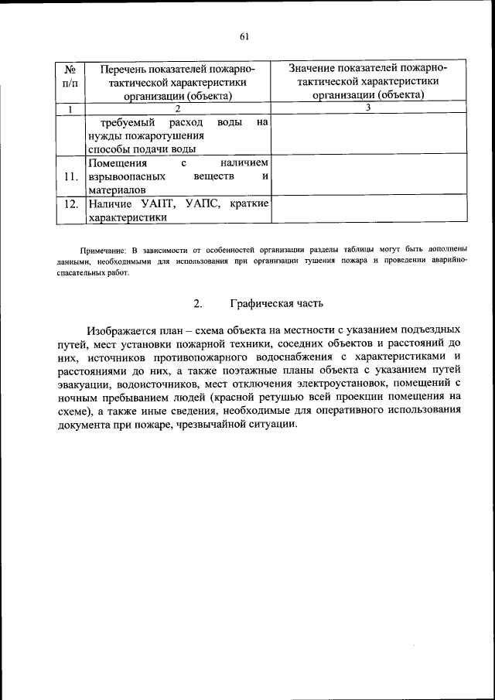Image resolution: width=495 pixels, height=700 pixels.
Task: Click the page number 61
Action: click(x=244, y=36)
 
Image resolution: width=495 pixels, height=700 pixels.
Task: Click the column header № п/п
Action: click(x=70, y=82)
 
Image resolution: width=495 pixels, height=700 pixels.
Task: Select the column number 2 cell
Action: click(x=177, y=108)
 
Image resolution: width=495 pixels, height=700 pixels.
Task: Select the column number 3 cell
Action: click(x=368, y=108)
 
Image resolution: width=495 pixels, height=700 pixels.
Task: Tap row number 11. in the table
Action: click(x=70, y=177)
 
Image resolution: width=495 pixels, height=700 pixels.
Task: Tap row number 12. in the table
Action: click(x=70, y=205)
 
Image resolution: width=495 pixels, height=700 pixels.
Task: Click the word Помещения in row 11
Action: click(x=117, y=164)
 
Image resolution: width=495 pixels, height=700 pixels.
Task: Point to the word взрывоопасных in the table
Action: click(x=127, y=177)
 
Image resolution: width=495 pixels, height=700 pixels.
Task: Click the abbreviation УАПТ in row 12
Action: click(x=162, y=205)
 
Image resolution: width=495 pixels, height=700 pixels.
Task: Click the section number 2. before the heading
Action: click(x=198, y=303)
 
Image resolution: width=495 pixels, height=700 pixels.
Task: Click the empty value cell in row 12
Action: click(x=368, y=210)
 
